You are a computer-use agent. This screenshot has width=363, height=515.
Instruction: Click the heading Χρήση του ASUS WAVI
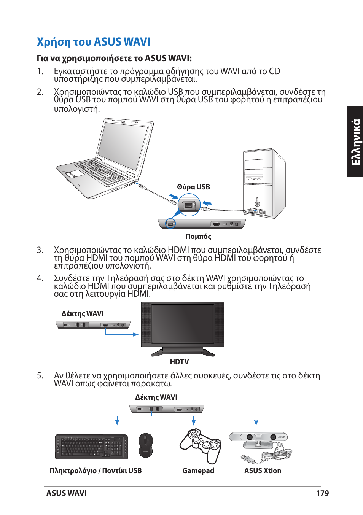(x=94, y=42)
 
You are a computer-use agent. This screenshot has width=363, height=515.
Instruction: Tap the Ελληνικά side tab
(x=355, y=142)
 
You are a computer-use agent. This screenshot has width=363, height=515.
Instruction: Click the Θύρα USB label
(x=193, y=187)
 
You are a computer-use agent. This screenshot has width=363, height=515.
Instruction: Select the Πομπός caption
(x=198, y=236)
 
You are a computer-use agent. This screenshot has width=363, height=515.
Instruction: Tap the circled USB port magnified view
(x=189, y=205)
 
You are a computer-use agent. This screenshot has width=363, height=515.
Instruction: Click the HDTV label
(x=179, y=362)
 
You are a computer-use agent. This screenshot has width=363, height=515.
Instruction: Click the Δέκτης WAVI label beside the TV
(x=83, y=314)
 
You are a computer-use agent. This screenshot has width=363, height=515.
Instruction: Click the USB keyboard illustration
(x=92, y=447)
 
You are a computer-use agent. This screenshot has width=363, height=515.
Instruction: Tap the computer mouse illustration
(x=145, y=445)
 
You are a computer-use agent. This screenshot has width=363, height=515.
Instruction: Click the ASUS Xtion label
(x=263, y=470)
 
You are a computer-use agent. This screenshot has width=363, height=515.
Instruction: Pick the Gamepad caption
(x=198, y=470)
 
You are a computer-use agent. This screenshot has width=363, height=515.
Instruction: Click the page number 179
(x=322, y=493)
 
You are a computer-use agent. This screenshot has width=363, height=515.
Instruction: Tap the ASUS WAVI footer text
(x=67, y=493)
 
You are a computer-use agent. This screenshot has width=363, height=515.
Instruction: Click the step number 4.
(x=40, y=278)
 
